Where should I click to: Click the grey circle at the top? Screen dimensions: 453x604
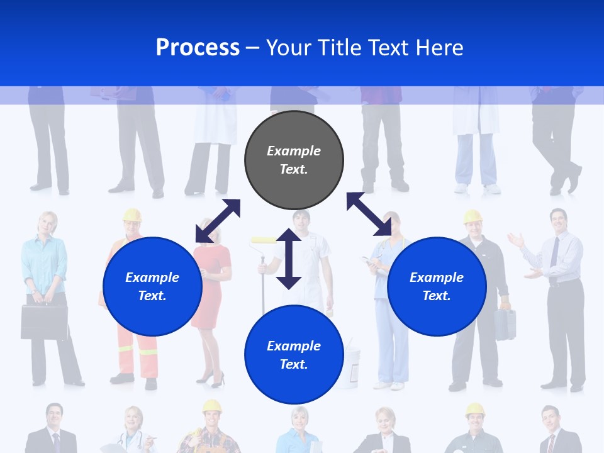[294, 160]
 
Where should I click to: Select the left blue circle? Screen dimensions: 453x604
[152, 286]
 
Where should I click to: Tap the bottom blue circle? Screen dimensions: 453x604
[294, 355]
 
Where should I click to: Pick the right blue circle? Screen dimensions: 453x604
[437, 286]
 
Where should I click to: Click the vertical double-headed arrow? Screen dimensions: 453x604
[289, 259]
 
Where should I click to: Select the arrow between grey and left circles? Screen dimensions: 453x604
[218, 221]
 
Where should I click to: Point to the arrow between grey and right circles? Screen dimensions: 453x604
[369, 214]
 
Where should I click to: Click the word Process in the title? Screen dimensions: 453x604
[198, 47]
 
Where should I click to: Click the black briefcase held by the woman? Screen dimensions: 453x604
[44, 322]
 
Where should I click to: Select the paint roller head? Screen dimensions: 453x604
[264, 240]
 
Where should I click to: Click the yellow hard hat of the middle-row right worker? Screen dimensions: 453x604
[473, 216]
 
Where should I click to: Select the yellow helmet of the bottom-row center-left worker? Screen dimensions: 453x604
[212, 406]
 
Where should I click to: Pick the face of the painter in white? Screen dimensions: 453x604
[301, 221]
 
